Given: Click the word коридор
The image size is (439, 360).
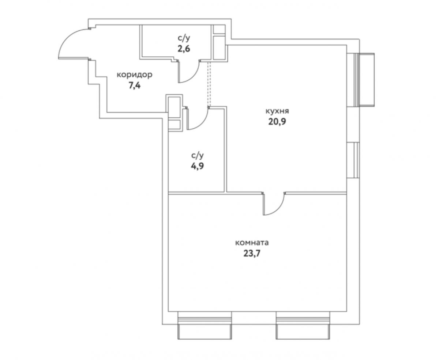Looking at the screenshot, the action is (x=135, y=75).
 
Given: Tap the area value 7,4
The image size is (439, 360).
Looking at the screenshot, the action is (x=135, y=85).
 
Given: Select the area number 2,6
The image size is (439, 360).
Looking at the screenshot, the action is (x=184, y=49).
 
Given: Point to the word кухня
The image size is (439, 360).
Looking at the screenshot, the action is (x=277, y=111).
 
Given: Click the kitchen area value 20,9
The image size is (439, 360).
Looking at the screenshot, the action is (x=277, y=122).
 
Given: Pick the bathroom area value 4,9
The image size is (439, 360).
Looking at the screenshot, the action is (x=197, y=166).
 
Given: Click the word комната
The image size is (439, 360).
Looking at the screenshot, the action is (x=252, y=243).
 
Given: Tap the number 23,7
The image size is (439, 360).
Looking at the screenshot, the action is (x=252, y=254).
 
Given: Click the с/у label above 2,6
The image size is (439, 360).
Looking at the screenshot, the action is (x=184, y=38).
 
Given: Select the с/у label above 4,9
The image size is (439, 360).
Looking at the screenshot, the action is (x=197, y=156).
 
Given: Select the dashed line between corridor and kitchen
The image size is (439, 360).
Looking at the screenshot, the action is (x=209, y=84).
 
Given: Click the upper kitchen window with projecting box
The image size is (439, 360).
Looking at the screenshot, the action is (x=360, y=80).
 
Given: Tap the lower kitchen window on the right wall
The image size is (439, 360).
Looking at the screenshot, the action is (x=353, y=160).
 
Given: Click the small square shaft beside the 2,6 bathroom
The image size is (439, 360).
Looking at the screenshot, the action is (x=219, y=29).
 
